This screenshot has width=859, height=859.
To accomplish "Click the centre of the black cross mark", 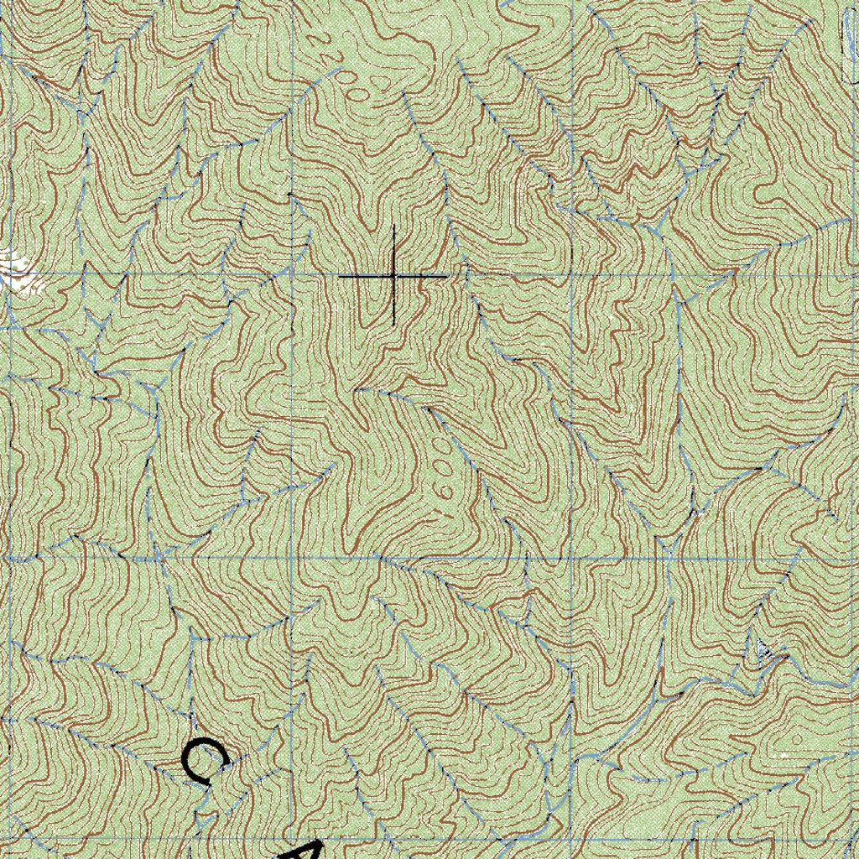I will pyautogui.click(x=393, y=275).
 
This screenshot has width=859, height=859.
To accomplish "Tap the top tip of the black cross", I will pyautogui.click(x=393, y=225).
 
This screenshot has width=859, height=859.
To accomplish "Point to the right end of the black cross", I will pyautogui.click(x=447, y=275).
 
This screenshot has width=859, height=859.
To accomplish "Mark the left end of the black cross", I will pyautogui.click(x=339, y=275).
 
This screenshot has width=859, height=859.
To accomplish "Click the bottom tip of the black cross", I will pyautogui.click(x=393, y=325).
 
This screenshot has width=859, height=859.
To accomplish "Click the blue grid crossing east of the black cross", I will pyautogui.click(x=573, y=275).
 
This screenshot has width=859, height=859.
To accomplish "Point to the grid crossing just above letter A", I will pyautogui.click(x=291, y=556).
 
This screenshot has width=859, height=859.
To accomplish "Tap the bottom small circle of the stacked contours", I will pyautogui.click(x=445, y=492).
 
